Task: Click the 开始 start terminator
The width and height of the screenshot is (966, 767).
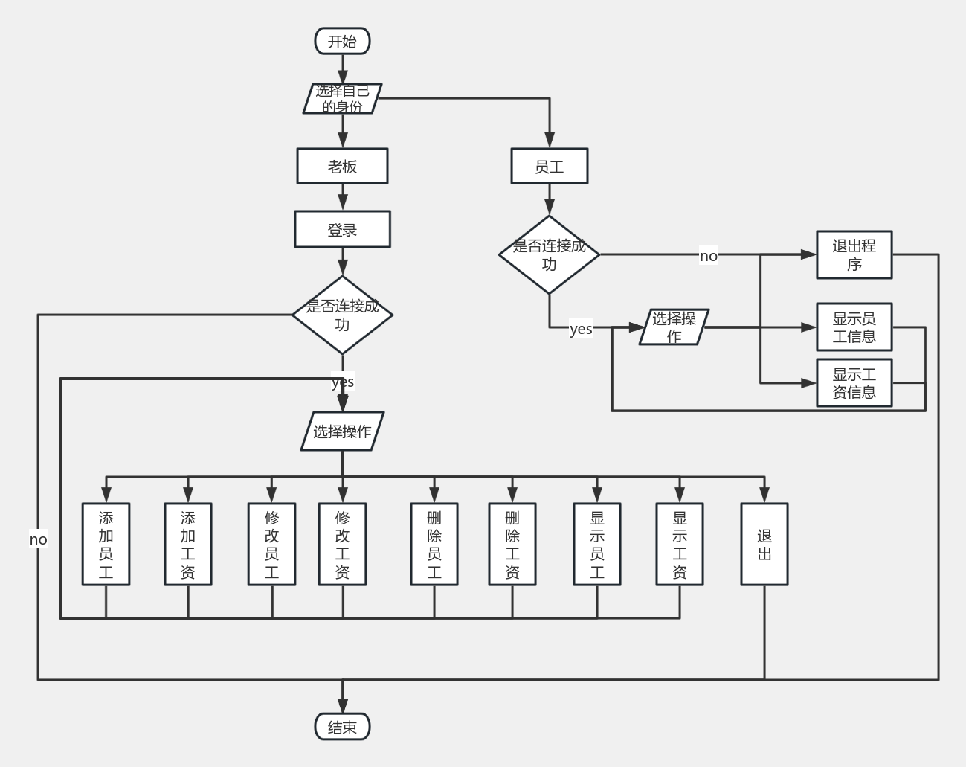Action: tap(342, 42)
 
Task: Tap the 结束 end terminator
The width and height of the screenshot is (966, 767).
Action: tap(342, 727)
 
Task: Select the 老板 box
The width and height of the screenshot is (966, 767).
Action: tap(342, 166)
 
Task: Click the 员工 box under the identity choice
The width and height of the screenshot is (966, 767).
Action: tap(549, 166)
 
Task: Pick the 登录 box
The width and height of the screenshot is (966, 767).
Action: tap(342, 229)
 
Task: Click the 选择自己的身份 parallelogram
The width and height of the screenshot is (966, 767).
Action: tap(342, 98)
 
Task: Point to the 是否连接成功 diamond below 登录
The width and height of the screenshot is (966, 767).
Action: tap(342, 315)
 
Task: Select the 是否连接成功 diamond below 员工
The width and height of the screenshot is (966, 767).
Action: tap(549, 254)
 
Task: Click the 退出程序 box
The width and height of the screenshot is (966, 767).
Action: tap(854, 254)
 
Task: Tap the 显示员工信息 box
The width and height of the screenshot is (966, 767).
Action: tap(854, 327)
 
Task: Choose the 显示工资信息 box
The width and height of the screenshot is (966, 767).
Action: tap(854, 383)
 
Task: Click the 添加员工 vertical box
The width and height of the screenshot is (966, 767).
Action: tap(106, 544)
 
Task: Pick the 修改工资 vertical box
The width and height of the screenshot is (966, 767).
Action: tap(342, 544)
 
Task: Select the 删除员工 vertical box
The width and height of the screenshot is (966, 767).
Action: tap(434, 544)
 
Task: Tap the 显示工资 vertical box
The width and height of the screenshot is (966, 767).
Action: tap(680, 544)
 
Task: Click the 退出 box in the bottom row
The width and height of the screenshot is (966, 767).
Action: tap(764, 544)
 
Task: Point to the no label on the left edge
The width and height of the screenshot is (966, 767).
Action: tap(38, 539)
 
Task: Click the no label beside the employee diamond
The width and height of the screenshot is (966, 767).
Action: tap(709, 256)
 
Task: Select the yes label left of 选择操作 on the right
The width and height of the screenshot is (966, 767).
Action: tap(581, 328)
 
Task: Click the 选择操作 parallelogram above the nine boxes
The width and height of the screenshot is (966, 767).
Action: tap(342, 431)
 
